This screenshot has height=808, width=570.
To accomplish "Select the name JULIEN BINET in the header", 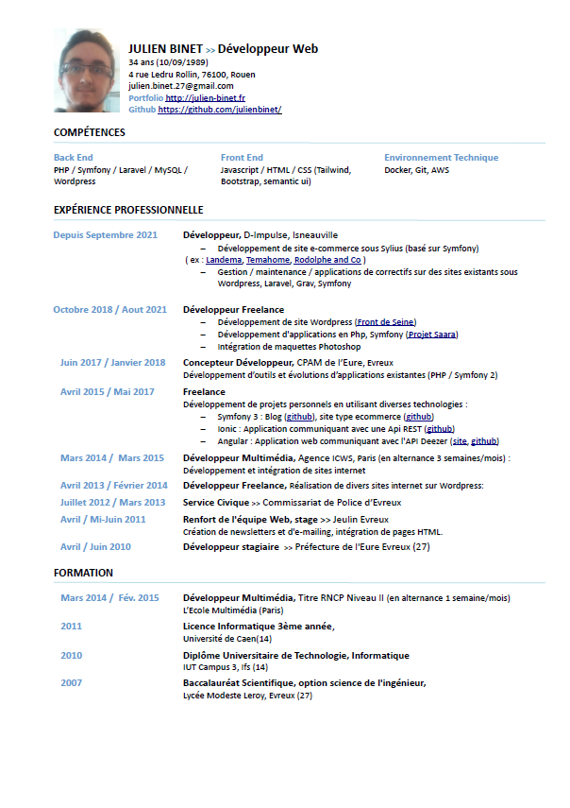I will [165, 48].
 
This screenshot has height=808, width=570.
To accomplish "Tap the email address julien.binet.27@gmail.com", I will [180, 86].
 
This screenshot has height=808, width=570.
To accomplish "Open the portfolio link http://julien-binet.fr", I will [206, 97].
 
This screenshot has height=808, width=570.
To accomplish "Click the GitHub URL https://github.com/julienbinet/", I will [220, 110].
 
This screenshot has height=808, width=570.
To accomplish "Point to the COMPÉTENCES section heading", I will [90, 132].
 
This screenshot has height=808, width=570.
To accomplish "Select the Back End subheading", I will [73, 158].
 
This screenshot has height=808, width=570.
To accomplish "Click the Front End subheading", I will [242, 158].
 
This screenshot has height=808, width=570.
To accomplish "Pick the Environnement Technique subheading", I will [441, 158].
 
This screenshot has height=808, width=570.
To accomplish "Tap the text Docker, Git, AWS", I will [416, 170].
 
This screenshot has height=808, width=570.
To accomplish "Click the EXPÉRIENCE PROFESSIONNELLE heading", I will [128, 210].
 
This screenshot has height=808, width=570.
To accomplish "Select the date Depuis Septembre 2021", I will [105, 235].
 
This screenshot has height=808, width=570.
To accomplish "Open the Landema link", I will [224, 260].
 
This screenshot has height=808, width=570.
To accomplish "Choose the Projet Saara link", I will [432, 335].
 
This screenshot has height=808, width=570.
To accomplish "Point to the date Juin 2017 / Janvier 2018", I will [112, 363].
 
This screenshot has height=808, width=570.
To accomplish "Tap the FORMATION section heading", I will [83, 573].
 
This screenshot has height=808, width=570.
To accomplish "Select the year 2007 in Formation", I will [72, 683].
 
